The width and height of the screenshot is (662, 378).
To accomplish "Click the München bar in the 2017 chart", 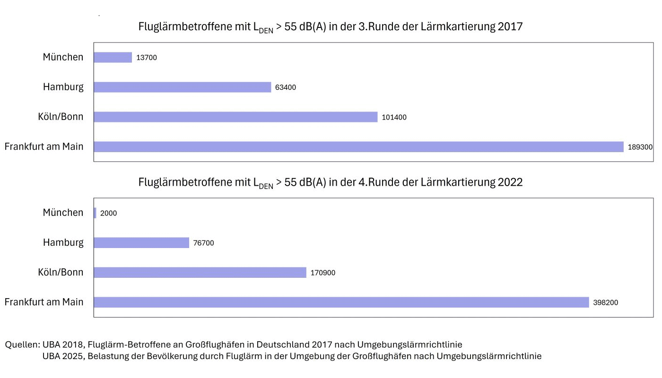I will pyautogui.click(x=113, y=57).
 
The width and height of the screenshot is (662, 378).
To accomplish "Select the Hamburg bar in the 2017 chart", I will pyautogui.click(x=182, y=87).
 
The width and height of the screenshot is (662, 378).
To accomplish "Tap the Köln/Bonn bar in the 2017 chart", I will pyautogui.click(x=235, y=117).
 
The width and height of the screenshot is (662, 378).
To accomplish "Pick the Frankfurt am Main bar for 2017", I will pyautogui.click(x=358, y=147).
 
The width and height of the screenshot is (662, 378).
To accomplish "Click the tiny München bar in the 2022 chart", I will pyautogui.click(x=95, y=213).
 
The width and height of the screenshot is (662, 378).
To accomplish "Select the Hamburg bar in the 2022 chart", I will pyautogui.click(x=141, y=243).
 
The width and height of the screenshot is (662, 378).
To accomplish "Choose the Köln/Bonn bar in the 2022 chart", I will pyautogui.click(x=200, y=273).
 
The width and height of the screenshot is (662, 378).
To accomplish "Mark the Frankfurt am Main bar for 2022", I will pyautogui.click(x=341, y=302).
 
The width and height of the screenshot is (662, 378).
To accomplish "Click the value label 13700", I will pyautogui.click(x=147, y=58).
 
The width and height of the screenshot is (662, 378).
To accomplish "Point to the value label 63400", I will pyautogui.click(x=286, y=87).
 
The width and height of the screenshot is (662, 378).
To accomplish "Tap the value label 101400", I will pyautogui.click(x=394, y=117).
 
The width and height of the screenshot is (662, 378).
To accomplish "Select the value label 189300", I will pyautogui.click(x=640, y=147).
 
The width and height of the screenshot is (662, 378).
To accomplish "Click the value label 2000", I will pyautogui.click(x=108, y=214).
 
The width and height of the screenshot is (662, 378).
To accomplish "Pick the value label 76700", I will pyautogui.click(x=203, y=243).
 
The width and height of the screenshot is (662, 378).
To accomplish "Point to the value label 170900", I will pyautogui.click(x=323, y=273).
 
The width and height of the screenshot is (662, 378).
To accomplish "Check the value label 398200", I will pyautogui.click(x=605, y=303).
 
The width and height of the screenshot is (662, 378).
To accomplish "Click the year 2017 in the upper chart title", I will pyautogui.click(x=510, y=26).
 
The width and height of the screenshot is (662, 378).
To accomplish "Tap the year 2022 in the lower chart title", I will pyautogui.click(x=510, y=182).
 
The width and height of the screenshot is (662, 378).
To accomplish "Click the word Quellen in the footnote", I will pyautogui.click(x=22, y=345).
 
